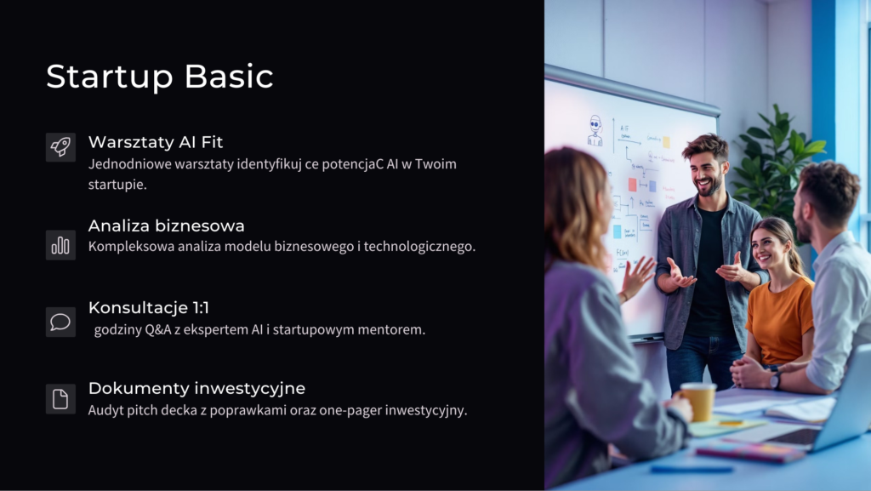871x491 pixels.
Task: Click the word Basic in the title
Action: tap(229, 76)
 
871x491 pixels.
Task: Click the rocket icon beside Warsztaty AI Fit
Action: tap(60, 146)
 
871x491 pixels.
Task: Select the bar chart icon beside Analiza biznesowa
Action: tap(60, 245)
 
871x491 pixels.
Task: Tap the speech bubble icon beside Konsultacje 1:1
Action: tap(60, 322)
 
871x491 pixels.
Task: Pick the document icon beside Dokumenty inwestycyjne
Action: tap(60, 399)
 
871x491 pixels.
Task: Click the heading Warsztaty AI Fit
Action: tap(156, 142)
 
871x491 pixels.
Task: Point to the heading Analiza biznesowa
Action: tap(166, 226)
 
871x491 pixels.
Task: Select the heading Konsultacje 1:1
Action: tap(148, 307)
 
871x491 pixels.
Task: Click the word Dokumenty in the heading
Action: tap(136, 388)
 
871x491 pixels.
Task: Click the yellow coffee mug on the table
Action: tap(697, 401)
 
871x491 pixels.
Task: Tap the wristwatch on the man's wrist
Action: tap(775, 380)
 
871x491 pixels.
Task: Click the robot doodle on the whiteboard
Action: tap(595, 131)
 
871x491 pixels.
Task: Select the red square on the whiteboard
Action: tap(632, 185)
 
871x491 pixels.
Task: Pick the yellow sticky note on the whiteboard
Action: tap(666, 142)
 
